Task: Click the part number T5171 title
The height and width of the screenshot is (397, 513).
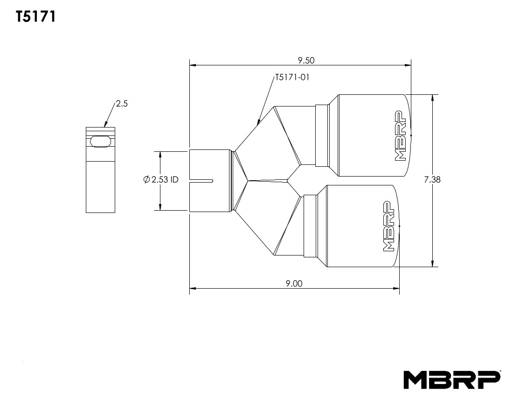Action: coord(36,17)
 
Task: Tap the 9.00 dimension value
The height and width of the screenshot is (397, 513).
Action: coord(294,284)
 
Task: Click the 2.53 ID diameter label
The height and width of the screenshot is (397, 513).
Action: coord(161,179)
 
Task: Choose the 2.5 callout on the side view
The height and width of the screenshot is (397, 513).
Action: coord(122,104)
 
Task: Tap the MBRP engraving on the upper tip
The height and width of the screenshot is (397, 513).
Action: coord(400,136)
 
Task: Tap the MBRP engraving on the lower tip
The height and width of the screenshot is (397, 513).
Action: coord(388,227)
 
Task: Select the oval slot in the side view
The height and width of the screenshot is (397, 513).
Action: coord(101,142)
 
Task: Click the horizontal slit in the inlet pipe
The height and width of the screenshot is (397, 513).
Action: coord(201,180)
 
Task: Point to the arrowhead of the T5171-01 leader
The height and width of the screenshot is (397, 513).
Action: coord(258,123)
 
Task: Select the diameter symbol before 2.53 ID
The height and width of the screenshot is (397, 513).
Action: coord(146,179)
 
